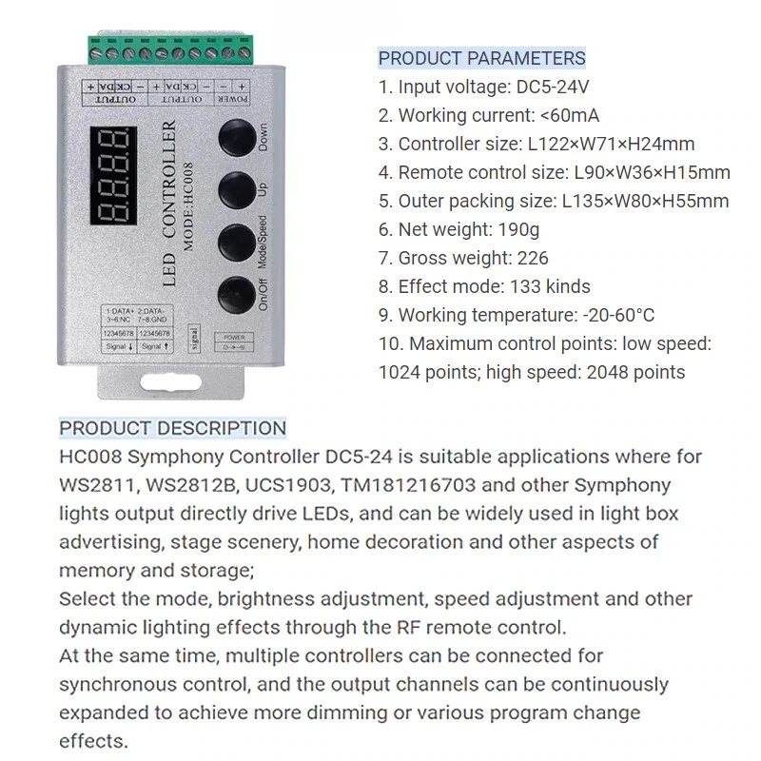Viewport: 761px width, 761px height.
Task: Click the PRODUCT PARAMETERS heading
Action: (481, 59)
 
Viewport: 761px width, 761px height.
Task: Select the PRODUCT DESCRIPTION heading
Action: (172, 428)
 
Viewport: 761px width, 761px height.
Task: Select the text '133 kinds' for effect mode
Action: (550, 286)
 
